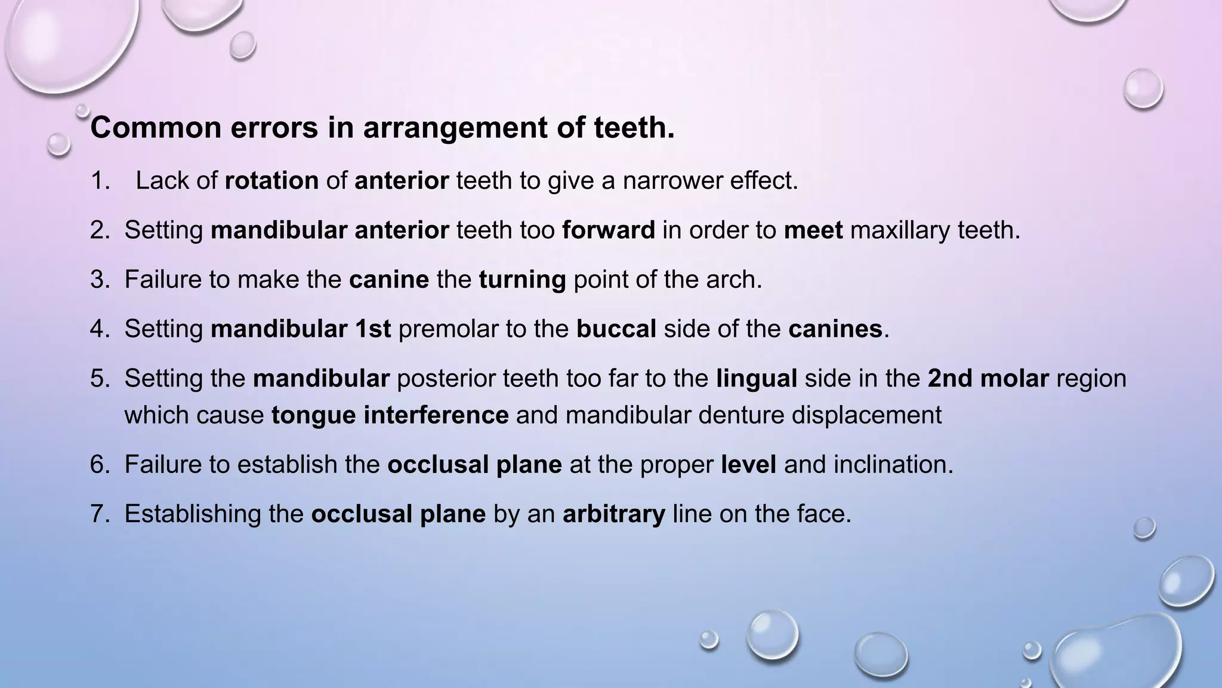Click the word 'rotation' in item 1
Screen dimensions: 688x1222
tap(271, 180)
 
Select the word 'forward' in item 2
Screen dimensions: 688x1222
tap(608, 230)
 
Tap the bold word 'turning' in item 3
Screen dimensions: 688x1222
tap(522, 279)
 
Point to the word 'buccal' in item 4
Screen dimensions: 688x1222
tap(616, 329)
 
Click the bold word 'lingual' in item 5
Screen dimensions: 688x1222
tap(756, 379)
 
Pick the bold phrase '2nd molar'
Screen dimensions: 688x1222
tap(988, 379)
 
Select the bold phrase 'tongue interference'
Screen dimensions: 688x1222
tap(390, 415)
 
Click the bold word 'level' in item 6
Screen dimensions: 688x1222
tap(748, 465)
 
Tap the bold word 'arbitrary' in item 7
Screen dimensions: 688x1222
tap(613, 514)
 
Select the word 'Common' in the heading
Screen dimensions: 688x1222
tap(156, 128)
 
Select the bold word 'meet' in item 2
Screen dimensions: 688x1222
tap(813, 230)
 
